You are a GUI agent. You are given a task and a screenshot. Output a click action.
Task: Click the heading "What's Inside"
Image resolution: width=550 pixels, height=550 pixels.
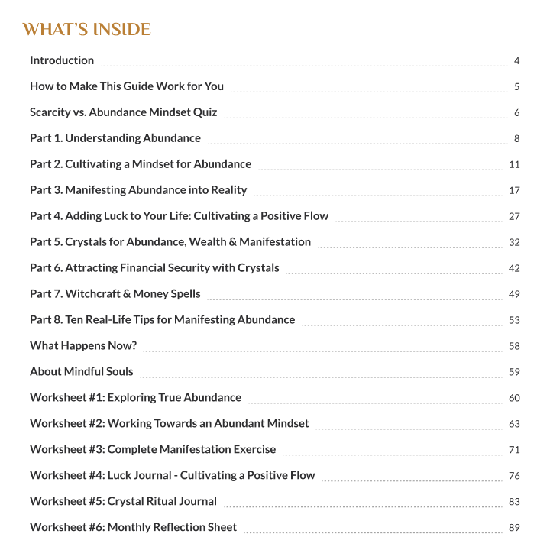tap(86, 30)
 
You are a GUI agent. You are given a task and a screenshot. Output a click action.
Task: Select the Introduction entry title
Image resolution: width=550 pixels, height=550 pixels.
tap(62, 60)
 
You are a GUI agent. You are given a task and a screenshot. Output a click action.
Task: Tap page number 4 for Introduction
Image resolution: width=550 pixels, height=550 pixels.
tap(516, 61)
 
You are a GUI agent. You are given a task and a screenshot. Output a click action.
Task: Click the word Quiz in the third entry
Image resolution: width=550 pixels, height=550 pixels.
tap(204, 112)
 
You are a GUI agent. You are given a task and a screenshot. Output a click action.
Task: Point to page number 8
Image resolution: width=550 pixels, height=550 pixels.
tap(516, 139)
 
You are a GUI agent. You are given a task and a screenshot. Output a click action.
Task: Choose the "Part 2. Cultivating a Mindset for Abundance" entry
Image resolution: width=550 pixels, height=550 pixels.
tap(141, 164)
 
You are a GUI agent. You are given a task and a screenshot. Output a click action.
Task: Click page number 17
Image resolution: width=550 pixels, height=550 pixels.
tap(514, 191)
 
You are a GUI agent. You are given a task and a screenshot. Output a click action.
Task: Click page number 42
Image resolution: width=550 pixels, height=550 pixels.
tap(514, 269)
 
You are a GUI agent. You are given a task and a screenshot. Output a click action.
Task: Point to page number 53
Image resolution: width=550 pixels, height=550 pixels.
tap(514, 320)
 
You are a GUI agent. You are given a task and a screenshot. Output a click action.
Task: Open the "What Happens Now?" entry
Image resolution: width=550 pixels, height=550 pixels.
tap(83, 346)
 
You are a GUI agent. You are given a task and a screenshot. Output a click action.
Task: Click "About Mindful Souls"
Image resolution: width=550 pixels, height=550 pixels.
tap(82, 372)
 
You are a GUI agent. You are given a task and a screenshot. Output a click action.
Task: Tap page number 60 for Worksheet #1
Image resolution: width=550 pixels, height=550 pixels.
tap(514, 398)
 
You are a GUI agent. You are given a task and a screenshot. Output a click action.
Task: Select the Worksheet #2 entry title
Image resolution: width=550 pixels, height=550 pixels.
tap(170, 423)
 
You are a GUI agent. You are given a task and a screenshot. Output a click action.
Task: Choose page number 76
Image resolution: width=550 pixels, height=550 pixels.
tap(514, 476)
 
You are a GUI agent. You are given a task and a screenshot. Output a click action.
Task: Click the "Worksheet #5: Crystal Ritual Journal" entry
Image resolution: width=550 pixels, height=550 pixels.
tap(123, 501)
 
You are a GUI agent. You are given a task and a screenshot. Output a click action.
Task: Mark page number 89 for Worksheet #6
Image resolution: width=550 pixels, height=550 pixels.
tap(514, 528)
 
